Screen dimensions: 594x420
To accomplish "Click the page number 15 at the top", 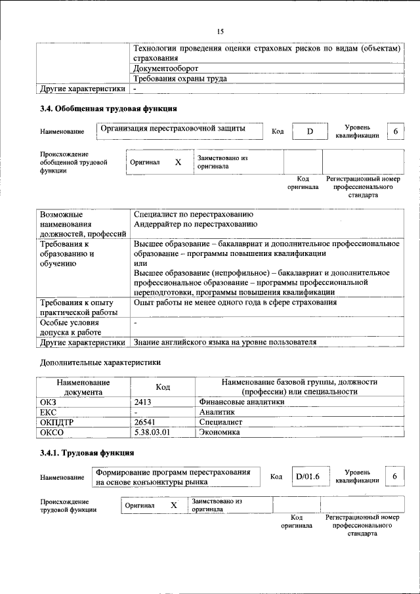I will tap(220, 32).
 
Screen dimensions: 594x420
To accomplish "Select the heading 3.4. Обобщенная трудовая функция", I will tap(108, 108).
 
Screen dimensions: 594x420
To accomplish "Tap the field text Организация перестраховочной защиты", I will tap(173, 129).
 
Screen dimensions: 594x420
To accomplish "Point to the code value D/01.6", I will tap(307, 477).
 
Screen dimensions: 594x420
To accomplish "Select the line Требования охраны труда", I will tap(180, 78).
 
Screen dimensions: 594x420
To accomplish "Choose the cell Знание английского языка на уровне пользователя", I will tap(224, 342).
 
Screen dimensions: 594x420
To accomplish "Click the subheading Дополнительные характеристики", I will tap(100, 362).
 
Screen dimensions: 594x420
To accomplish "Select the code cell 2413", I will tap(144, 402).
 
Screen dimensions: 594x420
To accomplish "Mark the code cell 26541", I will tap(146, 422).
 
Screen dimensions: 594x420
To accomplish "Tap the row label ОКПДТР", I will tap(56, 422).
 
